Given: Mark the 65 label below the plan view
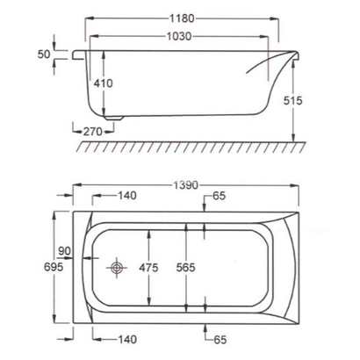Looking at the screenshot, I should point(220,337).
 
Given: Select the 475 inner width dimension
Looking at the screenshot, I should point(151,267).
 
